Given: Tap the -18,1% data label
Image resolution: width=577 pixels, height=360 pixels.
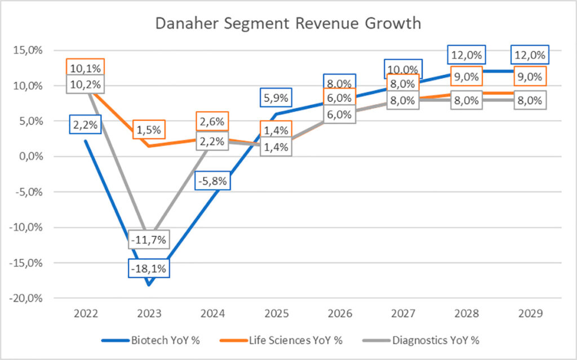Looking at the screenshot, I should tap(149, 268).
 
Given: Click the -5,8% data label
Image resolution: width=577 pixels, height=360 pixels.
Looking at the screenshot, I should tap(214, 181).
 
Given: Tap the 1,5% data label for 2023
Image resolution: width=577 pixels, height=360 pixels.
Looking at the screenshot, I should tap(149, 130).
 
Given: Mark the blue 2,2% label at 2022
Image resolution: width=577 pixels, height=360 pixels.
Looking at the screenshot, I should tap(85, 125).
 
